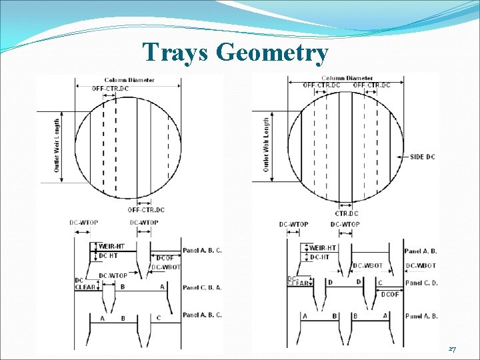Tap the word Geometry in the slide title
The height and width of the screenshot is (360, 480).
[x=273, y=53]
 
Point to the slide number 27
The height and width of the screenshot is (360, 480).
[x=452, y=349]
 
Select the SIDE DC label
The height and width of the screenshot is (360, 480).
[x=422, y=157]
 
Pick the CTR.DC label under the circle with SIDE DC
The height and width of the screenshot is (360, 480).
[x=346, y=213]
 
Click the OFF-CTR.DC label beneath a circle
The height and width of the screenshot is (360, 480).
[x=147, y=210]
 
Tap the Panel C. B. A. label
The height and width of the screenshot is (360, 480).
[x=201, y=287]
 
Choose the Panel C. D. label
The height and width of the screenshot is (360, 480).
[x=421, y=283]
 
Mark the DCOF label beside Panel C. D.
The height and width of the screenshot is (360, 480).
[x=391, y=294]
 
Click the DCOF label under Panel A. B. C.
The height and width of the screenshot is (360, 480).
[x=165, y=258]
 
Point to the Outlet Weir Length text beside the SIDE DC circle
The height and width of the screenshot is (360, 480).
[x=266, y=145]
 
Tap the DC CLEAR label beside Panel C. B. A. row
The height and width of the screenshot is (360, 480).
[x=85, y=284]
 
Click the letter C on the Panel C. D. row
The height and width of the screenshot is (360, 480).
[x=380, y=283]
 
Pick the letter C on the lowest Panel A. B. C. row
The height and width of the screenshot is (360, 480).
[x=159, y=318]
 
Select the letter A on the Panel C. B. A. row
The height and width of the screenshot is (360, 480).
[x=162, y=287]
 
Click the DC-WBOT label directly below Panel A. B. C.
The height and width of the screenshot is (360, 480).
[x=166, y=267]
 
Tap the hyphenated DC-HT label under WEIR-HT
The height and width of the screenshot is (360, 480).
[x=320, y=257]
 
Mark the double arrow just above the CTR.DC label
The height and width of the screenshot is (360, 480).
[x=345, y=205]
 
